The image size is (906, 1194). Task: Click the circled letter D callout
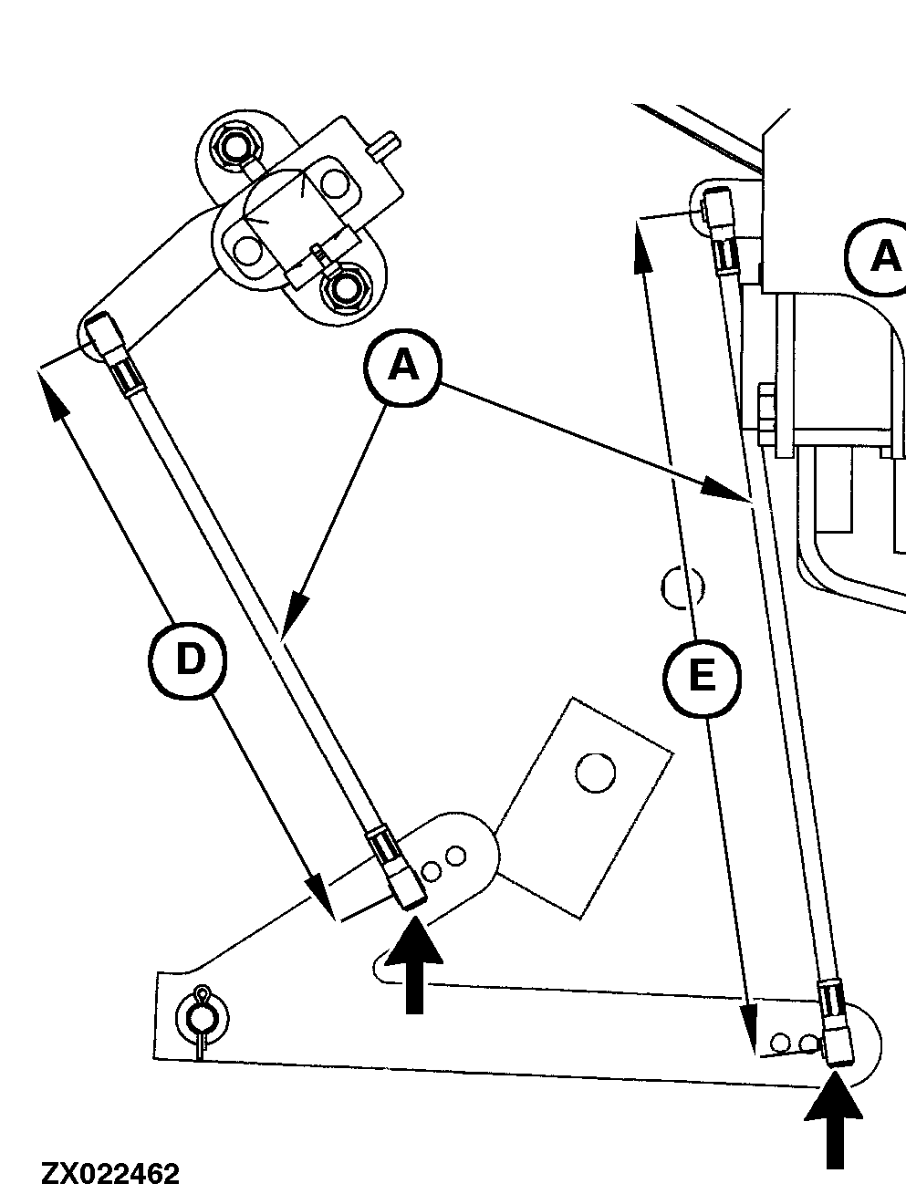coord(189,659)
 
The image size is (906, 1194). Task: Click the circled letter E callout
coord(701,677)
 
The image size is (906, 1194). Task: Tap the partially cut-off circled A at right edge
coord(880,257)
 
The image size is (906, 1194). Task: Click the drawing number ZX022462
coord(109,1173)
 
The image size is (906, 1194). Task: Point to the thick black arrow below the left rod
coord(413,967)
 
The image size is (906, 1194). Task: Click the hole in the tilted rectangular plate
coord(596,772)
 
